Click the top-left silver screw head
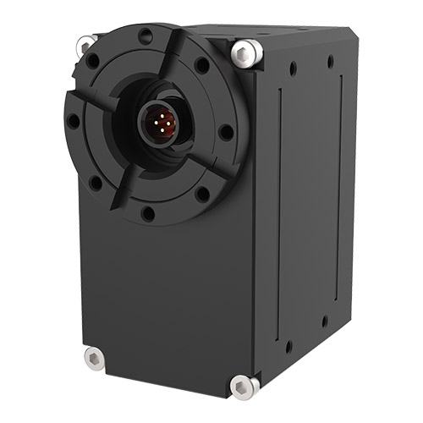86,43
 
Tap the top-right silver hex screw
246,52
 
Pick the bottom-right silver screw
244,387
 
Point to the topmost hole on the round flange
146,36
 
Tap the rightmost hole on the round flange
225,132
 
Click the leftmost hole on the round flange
74,121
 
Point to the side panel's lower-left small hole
288,346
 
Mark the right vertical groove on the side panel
341,195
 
